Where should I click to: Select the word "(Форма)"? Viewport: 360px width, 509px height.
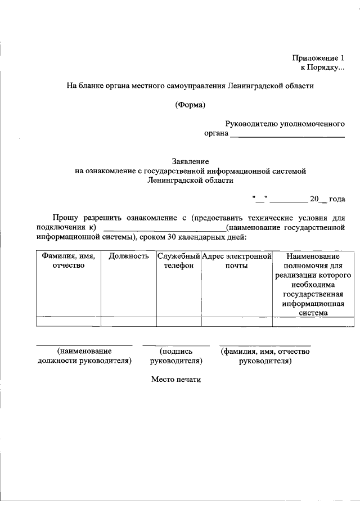click(x=190, y=105)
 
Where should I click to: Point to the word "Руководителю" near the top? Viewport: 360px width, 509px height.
click(x=251, y=124)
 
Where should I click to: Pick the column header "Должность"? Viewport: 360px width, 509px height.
click(x=129, y=256)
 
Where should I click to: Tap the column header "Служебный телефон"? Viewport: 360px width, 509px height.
click(x=178, y=261)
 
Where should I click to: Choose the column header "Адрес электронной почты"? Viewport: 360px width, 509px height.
click(x=237, y=261)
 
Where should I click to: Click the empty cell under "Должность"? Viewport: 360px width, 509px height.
click(x=129, y=322)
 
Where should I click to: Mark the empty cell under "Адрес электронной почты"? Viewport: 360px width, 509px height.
click(x=237, y=322)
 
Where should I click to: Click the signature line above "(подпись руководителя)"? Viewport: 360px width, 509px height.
click(x=175, y=345)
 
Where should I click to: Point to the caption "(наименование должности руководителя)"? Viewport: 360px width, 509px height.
click(x=84, y=356)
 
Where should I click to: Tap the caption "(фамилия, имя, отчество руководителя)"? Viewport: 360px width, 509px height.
click(x=265, y=356)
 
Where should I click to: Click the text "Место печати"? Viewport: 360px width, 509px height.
click(x=175, y=380)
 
